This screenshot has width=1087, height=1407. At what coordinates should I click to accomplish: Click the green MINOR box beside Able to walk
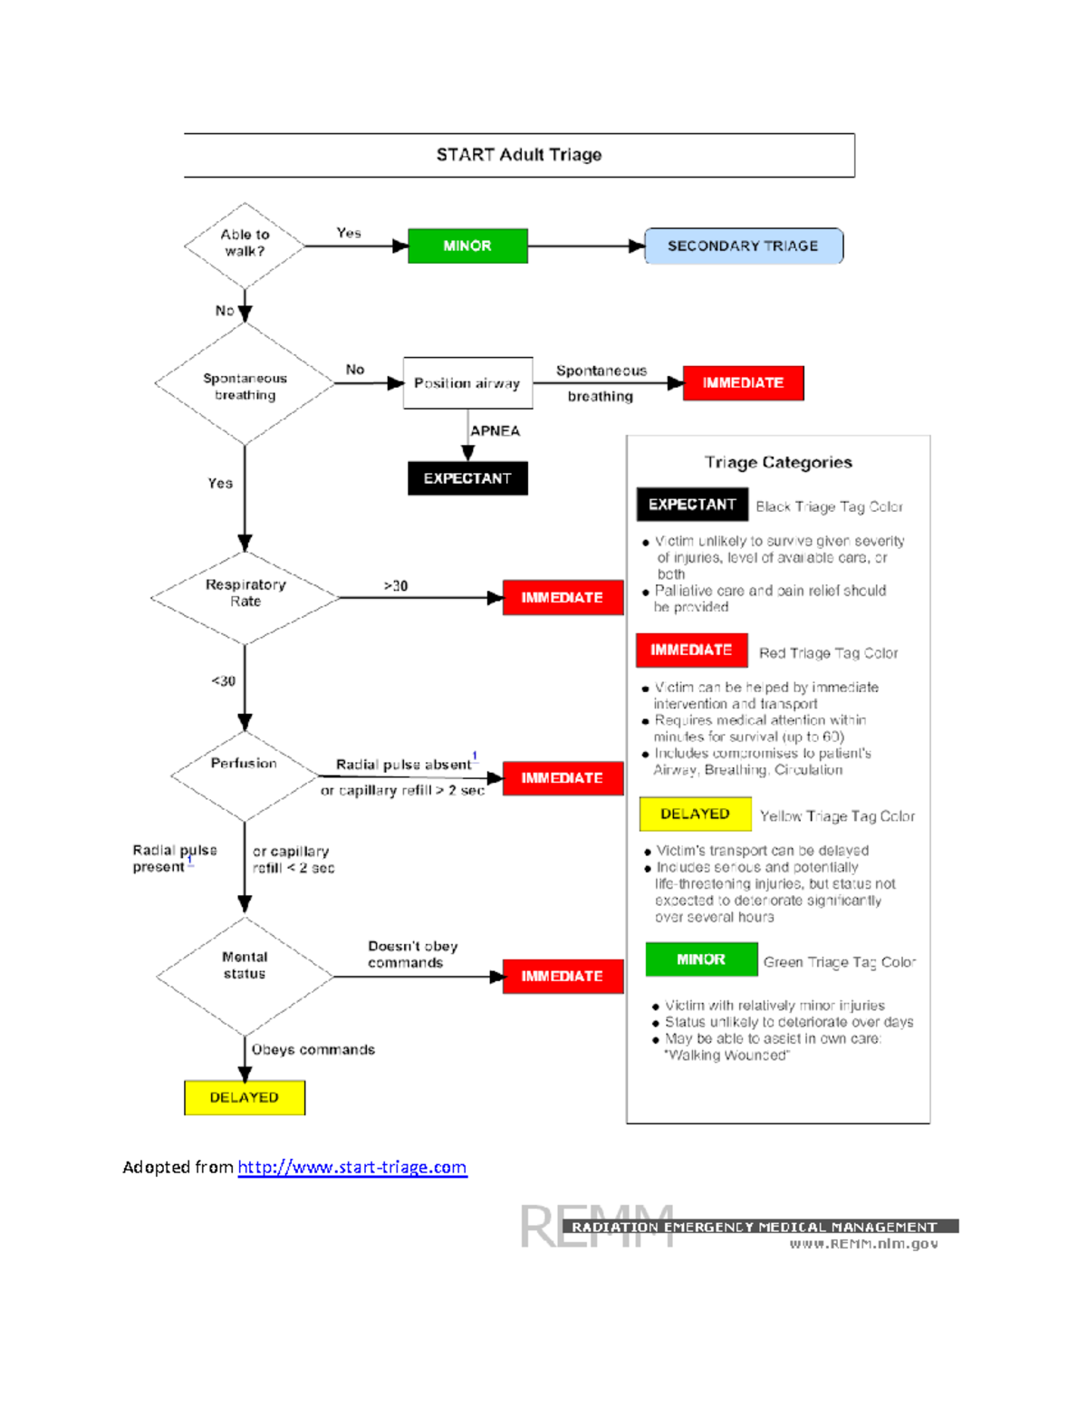pyautogui.click(x=467, y=246)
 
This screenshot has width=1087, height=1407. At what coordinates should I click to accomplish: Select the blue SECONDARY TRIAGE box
pyautogui.click(x=743, y=246)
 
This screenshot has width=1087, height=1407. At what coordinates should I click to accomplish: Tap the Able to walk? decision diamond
pyautogui.click(x=245, y=244)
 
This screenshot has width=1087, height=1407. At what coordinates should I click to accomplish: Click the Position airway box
pyautogui.click(x=467, y=383)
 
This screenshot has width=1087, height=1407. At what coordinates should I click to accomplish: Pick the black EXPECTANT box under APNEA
pyautogui.click(x=467, y=478)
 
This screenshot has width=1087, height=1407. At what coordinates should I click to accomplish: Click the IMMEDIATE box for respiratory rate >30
pyautogui.click(x=563, y=598)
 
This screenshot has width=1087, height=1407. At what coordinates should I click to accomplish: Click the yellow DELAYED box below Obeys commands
pyautogui.click(x=245, y=1097)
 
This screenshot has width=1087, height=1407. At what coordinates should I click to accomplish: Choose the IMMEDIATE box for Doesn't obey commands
pyautogui.click(x=563, y=976)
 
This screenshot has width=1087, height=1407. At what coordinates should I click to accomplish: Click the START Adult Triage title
pyautogui.click(x=519, y=155)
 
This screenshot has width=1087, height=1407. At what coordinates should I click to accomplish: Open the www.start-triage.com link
pyautogui.click(x=351, y=1167)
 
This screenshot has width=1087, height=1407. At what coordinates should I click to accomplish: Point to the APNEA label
pyautogui.click(x=495, y=431)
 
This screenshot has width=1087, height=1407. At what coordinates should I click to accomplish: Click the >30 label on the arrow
pyautogui.click(x=396, y=586)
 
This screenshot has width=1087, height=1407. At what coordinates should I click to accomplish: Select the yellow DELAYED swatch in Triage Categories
pyautogui.click(x=695, y=814)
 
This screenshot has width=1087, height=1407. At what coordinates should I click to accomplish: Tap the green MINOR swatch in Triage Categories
pyautogui.click(x=701, y=959)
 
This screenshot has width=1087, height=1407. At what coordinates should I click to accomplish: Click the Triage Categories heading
pyautogui.click(x=778, y=462)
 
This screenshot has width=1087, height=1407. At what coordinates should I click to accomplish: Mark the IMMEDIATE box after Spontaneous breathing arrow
pyautogui.click(x=743, y=383)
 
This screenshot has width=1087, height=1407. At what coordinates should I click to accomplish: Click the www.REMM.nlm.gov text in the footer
pyautogui.click(x=863, y=1244)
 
